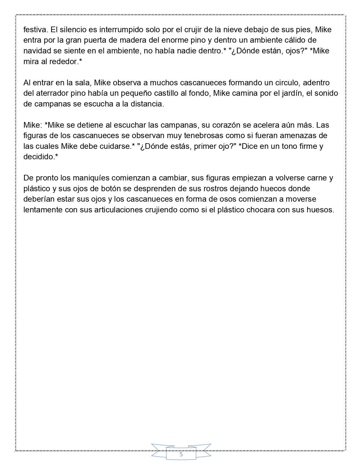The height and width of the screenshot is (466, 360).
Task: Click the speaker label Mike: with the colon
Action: coord(33,125)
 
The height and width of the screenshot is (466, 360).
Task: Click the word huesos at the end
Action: coord(320,210)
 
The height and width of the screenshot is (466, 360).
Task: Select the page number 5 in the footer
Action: coord(181,454)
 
